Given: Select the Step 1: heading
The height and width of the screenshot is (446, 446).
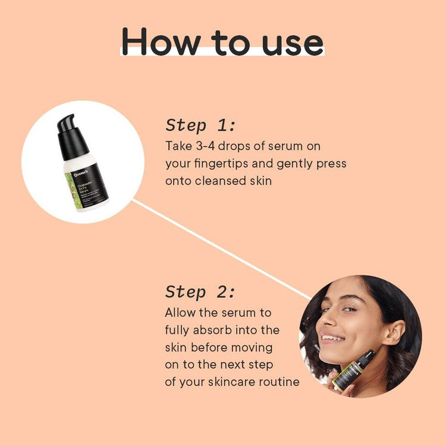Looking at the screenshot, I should point(200,125).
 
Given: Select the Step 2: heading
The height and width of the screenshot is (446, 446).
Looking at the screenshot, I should point(200,292).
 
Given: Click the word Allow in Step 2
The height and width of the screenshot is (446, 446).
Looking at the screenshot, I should point(179,312).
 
